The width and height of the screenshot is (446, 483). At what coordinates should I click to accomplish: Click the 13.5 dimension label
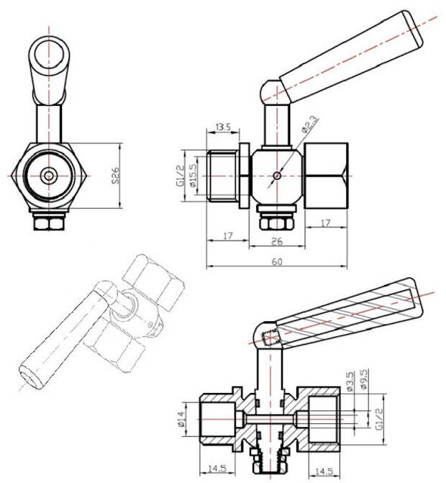[x=223, y=127]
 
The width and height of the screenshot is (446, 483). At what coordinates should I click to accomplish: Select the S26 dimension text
[x=116, y=176]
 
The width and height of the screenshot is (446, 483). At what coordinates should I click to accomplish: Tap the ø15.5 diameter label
[x=193, y=175]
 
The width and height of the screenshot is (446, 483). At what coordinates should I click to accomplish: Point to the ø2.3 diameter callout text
[x=310, y=124]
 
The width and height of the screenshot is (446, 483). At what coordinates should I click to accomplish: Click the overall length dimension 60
[x=277, y=261]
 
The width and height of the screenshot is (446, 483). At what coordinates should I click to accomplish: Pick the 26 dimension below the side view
[x=277, y=241]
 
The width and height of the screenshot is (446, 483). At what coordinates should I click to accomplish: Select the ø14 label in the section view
[x=181, y=419]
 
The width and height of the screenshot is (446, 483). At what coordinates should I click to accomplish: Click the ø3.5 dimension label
[x=350, y=381]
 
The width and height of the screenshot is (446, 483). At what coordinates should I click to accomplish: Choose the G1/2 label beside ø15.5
[x=181, y=175]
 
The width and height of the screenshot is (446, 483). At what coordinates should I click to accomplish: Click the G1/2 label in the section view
[x=379, y=419]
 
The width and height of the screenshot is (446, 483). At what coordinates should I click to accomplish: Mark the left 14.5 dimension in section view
[x=217, y=469]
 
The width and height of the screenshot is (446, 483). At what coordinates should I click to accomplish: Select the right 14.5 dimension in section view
[x=324, y=471]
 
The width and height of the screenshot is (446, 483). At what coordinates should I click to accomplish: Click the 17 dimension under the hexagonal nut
[x=326, y=222]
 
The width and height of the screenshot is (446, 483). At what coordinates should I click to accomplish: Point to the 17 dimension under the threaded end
[x=227, y=235]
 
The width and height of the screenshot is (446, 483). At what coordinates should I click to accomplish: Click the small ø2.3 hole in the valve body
[x=277, y=176]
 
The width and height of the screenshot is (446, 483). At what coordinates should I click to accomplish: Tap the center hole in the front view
[x=49, y=176]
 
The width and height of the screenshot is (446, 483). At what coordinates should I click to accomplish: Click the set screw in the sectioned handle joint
[x=270, y=338]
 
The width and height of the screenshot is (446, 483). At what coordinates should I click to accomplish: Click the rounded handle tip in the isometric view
[x=30, y=379]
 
